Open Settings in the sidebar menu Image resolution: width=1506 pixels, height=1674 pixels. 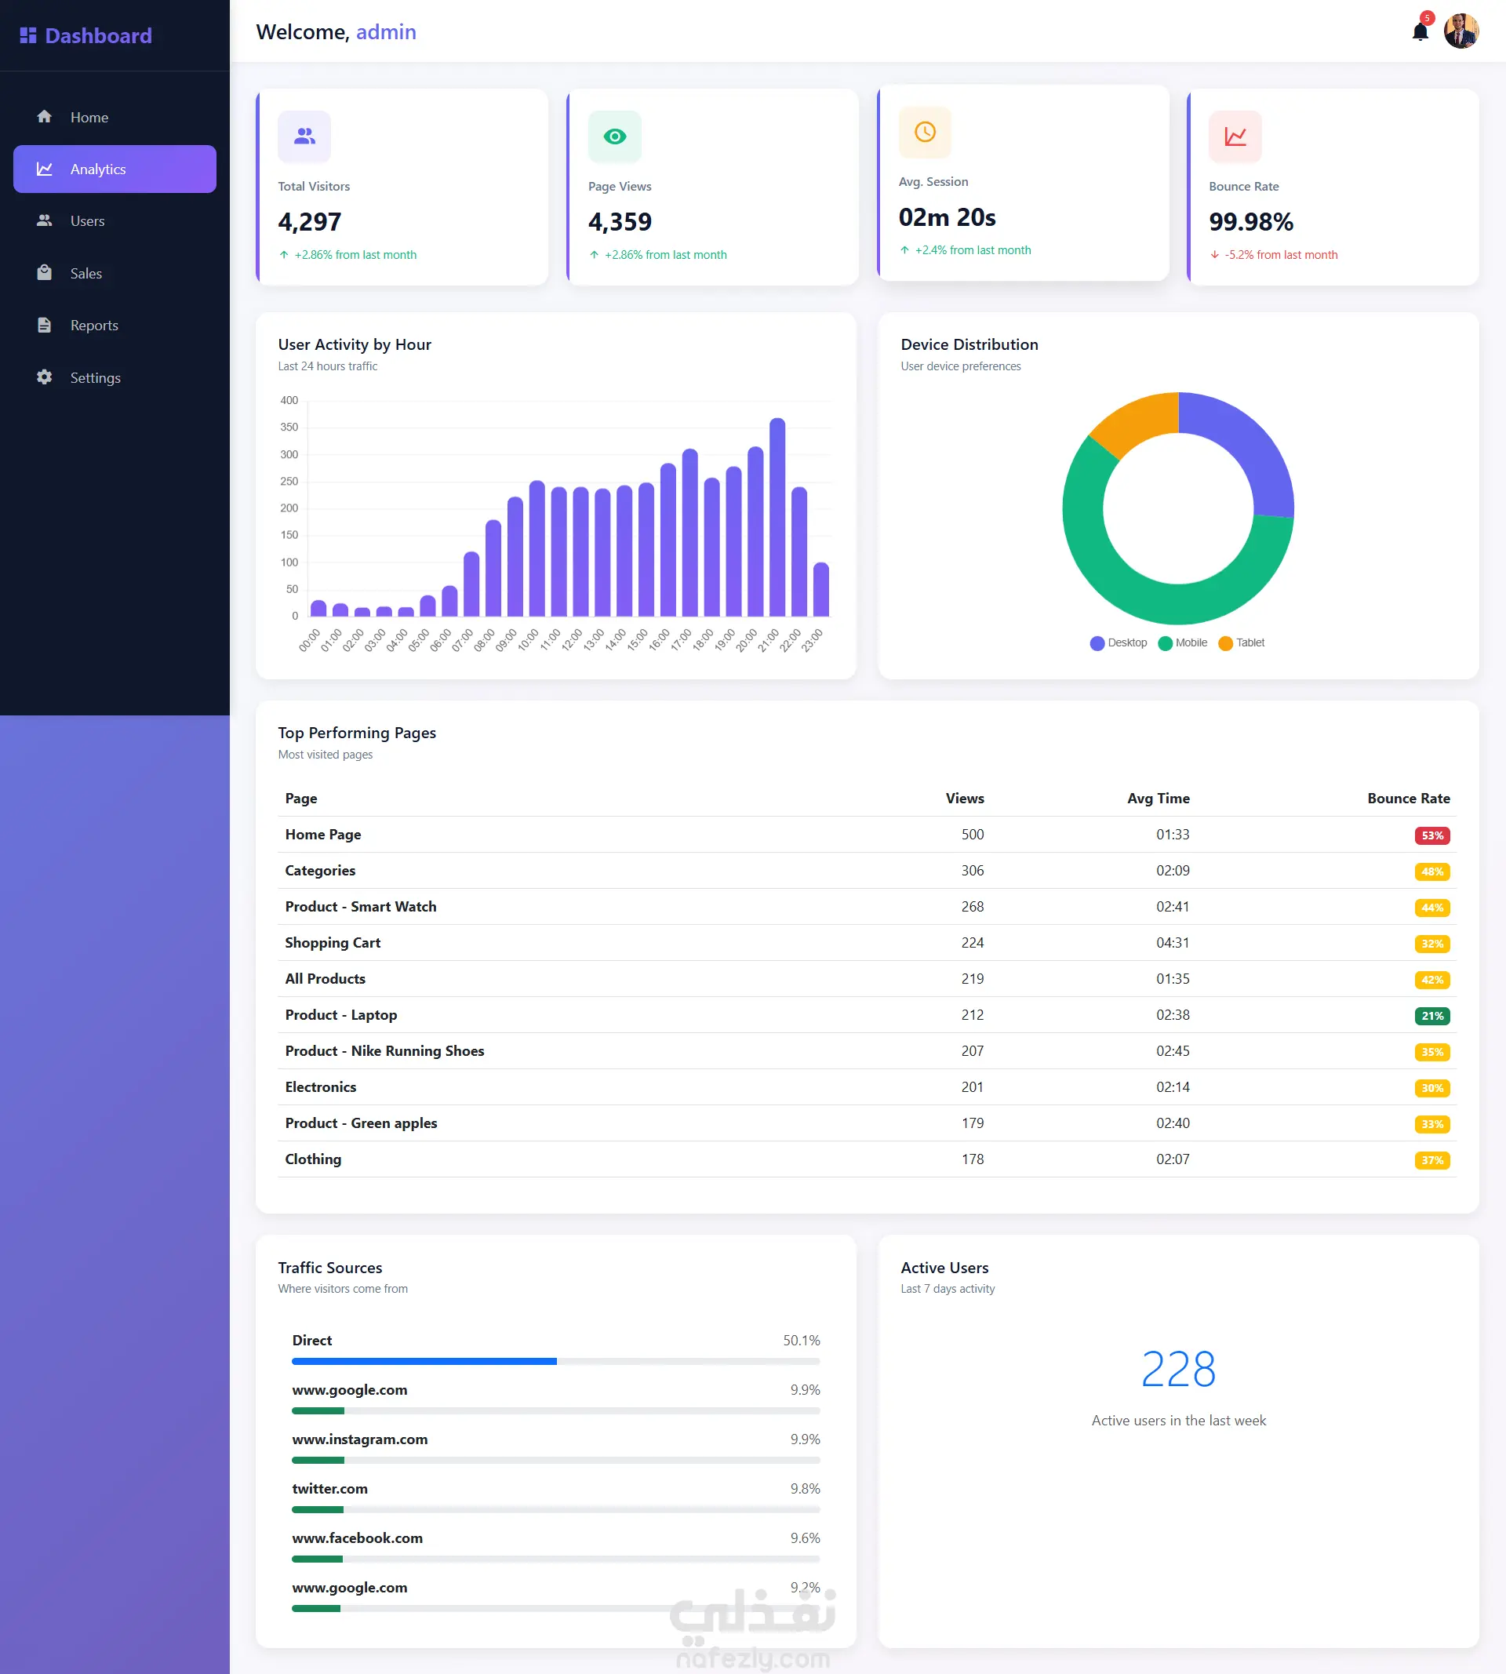point(78,377)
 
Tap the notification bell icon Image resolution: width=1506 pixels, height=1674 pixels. point(1420,31)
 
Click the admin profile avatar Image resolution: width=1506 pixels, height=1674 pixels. point(1461,31)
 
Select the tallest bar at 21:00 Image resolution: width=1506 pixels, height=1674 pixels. point(777,517)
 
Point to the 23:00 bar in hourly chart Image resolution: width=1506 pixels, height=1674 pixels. point(821,589)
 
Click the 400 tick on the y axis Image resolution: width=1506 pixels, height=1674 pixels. point(289,401)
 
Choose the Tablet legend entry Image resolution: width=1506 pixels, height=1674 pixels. point(1241,643)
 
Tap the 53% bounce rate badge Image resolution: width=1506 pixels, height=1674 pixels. point(1431,835)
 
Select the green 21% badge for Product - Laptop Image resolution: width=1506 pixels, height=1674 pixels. point(1431,1016)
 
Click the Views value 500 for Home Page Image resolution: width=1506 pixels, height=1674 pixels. point(973,834)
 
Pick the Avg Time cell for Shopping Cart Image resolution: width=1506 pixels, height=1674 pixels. point(1173,942)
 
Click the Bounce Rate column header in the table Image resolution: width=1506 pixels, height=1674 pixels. point(1409,799)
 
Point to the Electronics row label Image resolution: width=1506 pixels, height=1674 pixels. point(321,1087)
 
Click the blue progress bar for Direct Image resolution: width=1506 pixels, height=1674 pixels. point(424,1361)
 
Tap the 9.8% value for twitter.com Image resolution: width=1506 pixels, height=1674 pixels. point(805,1489)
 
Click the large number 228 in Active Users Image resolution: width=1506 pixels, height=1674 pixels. point(1178,1369)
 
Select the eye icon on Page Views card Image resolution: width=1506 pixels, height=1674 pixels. point(615,136)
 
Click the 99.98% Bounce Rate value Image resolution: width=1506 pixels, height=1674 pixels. point(1250,222)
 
